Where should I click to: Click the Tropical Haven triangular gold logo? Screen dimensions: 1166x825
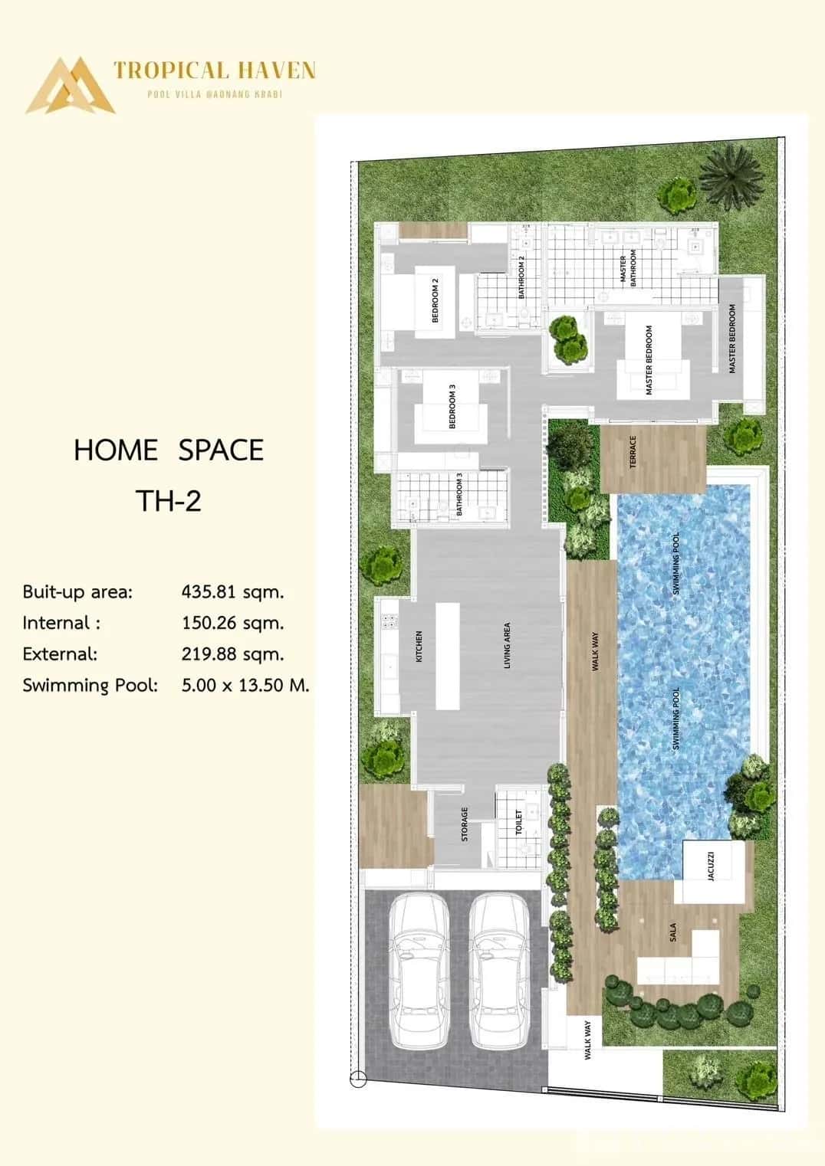70,86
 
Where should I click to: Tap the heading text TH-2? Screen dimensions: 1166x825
168,500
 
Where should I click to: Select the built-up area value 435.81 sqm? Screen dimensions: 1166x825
232,591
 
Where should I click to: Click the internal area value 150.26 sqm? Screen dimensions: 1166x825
232,623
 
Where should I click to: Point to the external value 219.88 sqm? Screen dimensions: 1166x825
232,654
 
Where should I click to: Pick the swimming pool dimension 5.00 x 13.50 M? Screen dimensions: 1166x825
245,685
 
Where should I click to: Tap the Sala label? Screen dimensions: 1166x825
672,932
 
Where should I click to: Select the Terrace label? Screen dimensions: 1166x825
633,452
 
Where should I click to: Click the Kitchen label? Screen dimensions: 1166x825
419,647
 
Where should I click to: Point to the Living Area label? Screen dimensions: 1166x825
507,645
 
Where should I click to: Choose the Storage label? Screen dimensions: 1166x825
465,824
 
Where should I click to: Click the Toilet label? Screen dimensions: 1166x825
518,822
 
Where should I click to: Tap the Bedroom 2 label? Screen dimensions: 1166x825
436,300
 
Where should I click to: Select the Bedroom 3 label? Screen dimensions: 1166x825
452,406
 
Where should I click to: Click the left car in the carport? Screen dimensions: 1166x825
419,971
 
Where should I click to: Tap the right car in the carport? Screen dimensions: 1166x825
499,971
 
